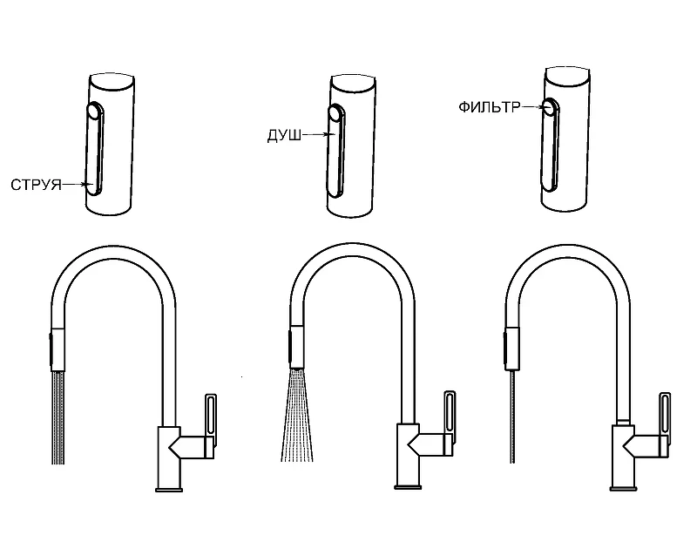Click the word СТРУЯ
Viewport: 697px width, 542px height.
36,185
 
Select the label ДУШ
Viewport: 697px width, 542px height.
285,135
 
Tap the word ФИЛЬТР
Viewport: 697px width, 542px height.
489,107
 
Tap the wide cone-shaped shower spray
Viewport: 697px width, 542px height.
297,415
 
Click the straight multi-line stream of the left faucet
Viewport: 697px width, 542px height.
58,417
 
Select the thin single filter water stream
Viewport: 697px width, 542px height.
513,417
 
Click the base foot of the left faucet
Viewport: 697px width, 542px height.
169,490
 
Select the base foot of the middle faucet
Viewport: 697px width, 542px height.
408,487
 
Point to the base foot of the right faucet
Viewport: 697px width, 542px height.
623,489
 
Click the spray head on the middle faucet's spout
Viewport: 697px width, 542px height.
297,348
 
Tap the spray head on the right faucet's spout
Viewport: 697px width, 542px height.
511,349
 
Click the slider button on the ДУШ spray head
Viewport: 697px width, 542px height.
336,151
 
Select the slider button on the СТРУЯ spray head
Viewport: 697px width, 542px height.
95,148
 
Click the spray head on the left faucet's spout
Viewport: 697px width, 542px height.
58,349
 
